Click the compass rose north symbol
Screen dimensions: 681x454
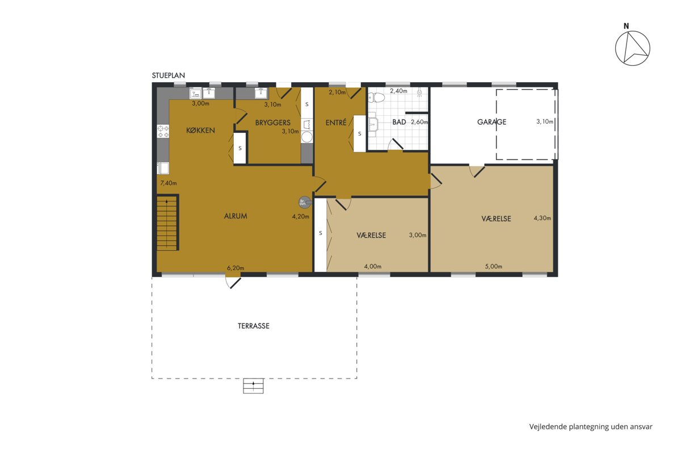click(632, 49)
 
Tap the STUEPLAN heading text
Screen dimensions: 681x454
click(169, 75)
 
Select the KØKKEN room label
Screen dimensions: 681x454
click(200, 131)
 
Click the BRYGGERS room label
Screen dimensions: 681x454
click(273, 123)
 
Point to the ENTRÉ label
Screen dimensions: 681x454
click(336, 122)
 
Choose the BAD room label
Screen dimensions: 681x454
click(399, 122)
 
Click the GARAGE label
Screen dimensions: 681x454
click(491, 122)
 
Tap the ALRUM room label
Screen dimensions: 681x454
click(236, 216)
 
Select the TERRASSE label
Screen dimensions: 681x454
click(254, 326)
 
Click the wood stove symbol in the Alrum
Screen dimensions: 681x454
click(305, 202)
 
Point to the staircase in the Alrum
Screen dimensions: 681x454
click(167, 222)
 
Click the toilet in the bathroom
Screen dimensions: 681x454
click(376, 98)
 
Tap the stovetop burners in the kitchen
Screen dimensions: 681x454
click(163, 131)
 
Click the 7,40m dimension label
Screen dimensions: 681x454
click(169, 183)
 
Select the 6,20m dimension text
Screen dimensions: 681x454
click(236, 268)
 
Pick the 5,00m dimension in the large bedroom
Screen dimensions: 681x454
click(493, 267)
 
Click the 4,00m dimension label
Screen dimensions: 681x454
click(373, 267)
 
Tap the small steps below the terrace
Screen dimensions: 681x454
click(253, 386)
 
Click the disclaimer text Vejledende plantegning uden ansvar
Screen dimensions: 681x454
click(591, 427)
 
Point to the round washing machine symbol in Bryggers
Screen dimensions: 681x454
click(307, 137)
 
